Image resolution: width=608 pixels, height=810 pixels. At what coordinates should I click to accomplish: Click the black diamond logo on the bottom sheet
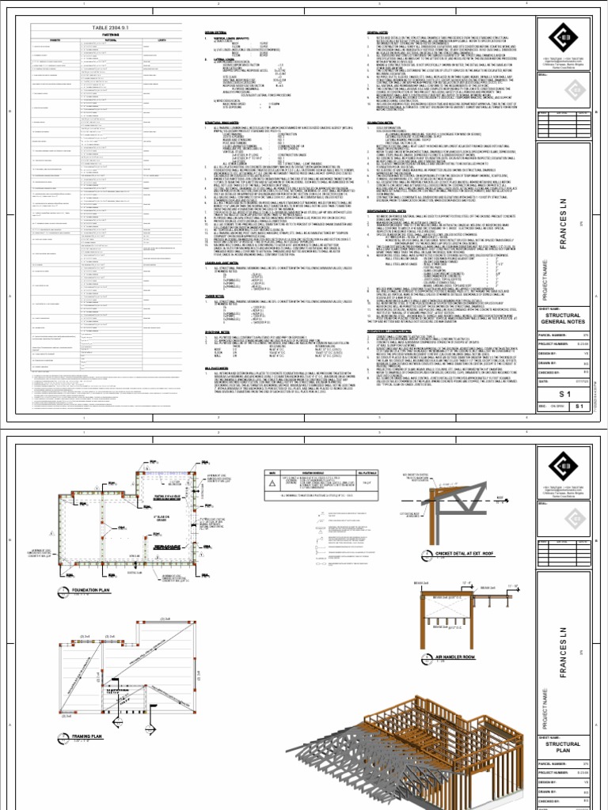pyautogui.click(x=563, y=467)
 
